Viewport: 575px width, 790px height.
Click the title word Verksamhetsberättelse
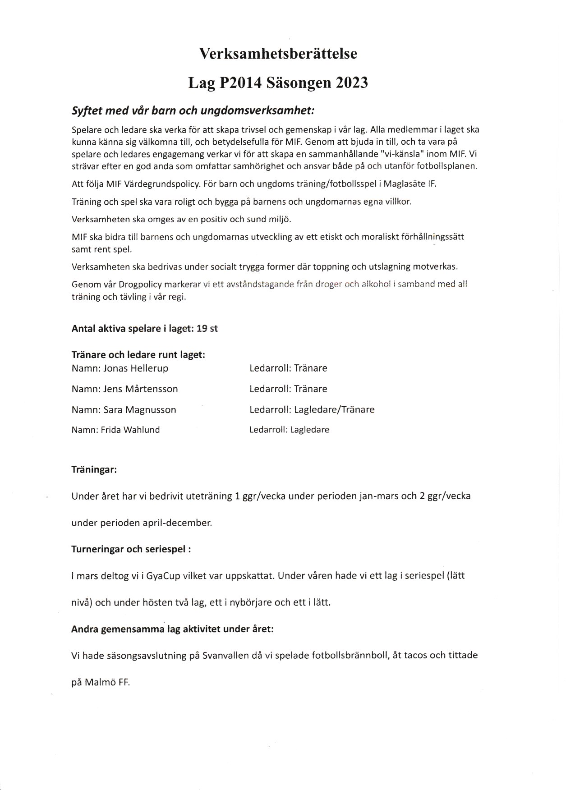click(278, 54)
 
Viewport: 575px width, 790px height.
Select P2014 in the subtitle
click(239, 83)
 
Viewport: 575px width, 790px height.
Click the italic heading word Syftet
click(87, 111)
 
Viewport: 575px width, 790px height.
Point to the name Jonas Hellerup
click(136, 368)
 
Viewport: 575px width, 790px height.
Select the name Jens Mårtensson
click(141, 389)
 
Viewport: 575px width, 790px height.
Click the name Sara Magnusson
click(140, 410)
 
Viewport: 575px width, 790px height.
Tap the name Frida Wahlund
click(130, 430)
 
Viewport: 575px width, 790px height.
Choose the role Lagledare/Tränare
click(334, 410)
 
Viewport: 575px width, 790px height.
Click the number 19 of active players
click(202, 329)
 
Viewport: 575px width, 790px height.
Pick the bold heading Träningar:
click(94, 469)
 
